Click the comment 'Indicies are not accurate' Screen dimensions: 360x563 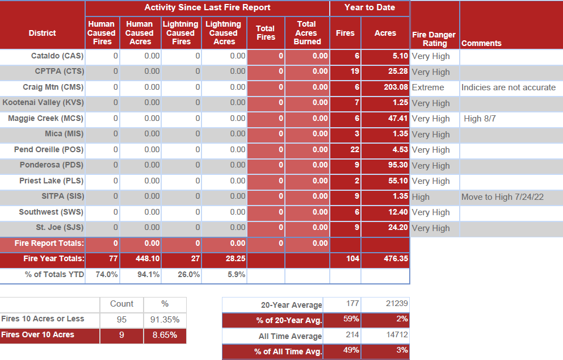tap(508, 87)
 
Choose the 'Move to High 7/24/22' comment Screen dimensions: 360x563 tap(502, 196)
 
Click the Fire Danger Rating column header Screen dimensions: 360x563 tap(434, 39)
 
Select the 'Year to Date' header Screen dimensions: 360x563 tap(369, 7)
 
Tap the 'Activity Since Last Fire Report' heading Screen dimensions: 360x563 tap(207, 7)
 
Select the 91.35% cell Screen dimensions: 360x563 tap(165, 319)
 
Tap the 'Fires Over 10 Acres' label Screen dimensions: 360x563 tap(37, 335)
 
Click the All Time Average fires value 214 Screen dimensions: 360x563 tap(352, 335)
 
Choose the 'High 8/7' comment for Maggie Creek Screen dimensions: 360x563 tap(480, 119)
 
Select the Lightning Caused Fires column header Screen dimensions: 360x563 tap(181, 32)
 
